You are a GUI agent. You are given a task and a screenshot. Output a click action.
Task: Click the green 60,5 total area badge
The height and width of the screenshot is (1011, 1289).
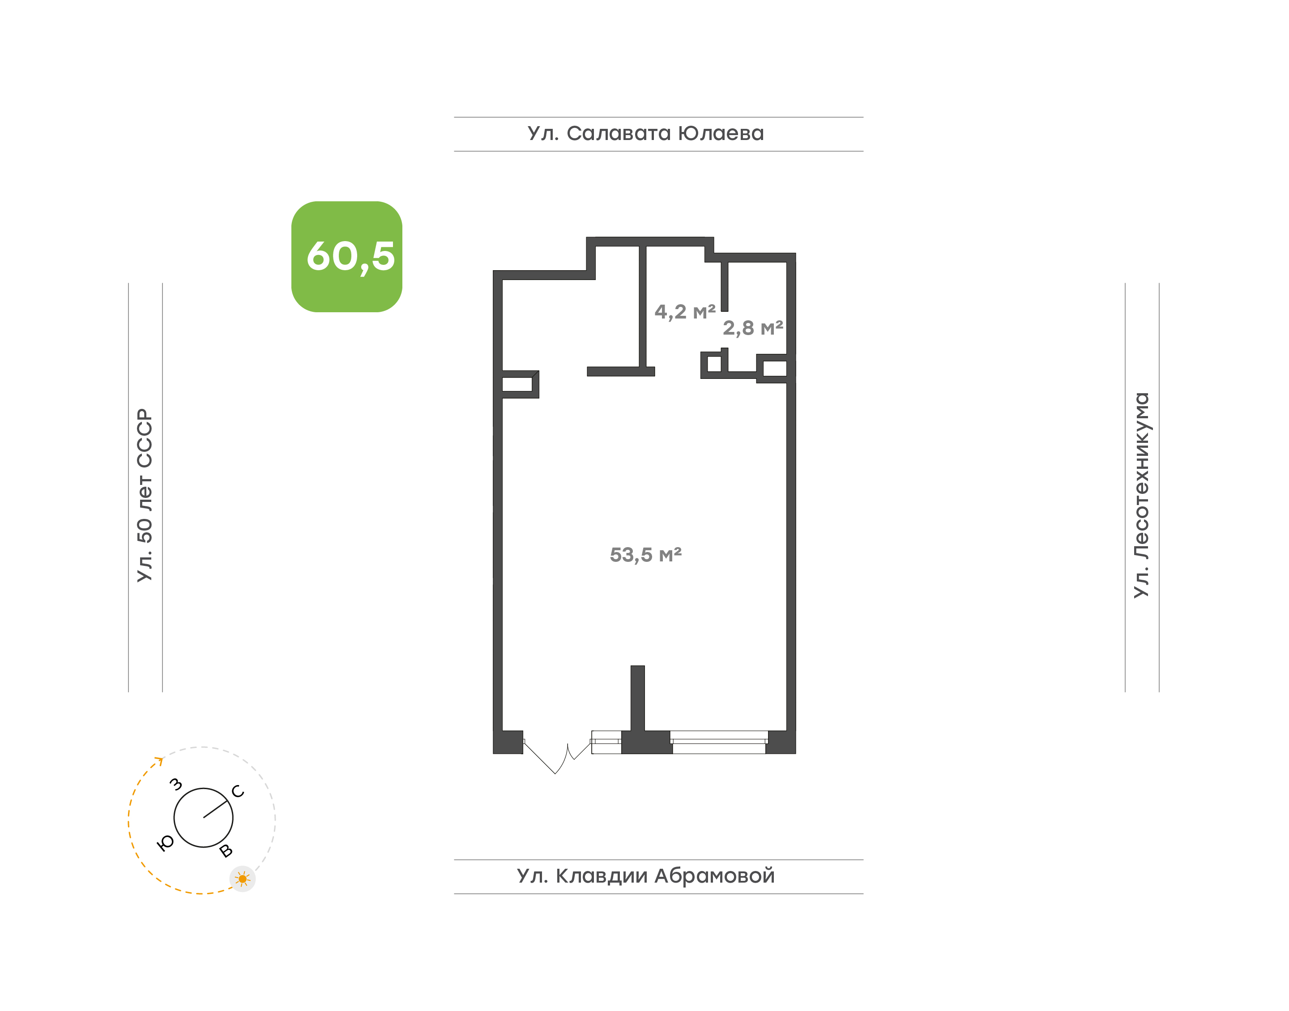tap(346, 256)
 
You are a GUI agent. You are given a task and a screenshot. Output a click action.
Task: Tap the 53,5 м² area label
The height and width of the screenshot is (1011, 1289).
tap(645, 555)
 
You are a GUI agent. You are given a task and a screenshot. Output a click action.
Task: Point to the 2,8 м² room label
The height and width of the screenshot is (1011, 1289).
tap(752, 327)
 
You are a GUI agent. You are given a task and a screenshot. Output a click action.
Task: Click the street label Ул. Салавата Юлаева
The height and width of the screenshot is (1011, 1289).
tap(645, 133)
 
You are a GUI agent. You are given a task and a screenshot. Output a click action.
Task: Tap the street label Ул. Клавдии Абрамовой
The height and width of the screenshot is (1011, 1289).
tap(645, 876)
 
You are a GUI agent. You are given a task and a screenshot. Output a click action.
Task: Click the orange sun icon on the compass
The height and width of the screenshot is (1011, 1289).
tap(242, 879)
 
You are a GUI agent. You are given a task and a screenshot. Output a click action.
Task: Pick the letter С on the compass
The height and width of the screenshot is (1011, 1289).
tap(238, 791)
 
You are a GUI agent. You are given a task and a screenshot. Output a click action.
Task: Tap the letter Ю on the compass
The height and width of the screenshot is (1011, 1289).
tap(166, 843)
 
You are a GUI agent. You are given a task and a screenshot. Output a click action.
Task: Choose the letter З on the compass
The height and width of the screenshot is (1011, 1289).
tap(176, 784)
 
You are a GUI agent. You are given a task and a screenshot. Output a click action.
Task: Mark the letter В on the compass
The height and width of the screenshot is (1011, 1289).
tap(226, 851)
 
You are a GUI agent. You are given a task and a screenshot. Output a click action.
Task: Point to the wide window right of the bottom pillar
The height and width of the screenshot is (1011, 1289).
tap(719, 742)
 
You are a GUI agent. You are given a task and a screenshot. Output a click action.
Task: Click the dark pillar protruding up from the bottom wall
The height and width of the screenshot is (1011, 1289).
tap(638, 698)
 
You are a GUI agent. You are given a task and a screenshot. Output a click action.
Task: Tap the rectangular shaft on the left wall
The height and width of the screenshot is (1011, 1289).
tap(517, 384)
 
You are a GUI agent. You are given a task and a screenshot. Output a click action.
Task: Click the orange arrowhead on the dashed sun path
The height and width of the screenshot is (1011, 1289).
tap(159, 760)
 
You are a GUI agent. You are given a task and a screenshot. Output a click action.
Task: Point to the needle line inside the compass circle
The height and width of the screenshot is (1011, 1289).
tap(216, 809)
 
